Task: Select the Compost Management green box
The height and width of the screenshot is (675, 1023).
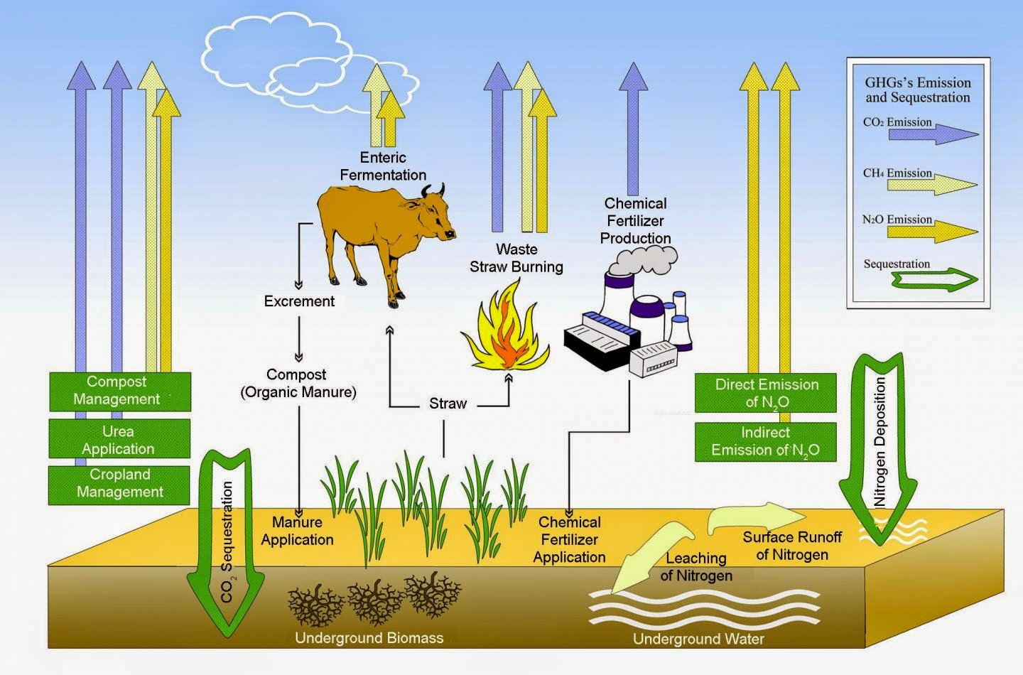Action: tap(120, 391)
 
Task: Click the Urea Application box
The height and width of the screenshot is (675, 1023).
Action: tap(119, 439)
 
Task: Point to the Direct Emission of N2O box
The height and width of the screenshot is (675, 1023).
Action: tap(766, 393)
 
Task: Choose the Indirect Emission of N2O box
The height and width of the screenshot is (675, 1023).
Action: tap(766, 442)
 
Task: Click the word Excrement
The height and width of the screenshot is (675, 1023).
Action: tap(299, 301)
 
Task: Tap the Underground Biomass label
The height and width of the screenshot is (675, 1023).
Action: tap(369, 638)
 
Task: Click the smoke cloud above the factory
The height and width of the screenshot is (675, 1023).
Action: tap(642, 261)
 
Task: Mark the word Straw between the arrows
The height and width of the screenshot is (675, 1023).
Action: tap(448, 404)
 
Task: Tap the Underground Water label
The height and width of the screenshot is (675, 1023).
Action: tap(698, 639)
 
